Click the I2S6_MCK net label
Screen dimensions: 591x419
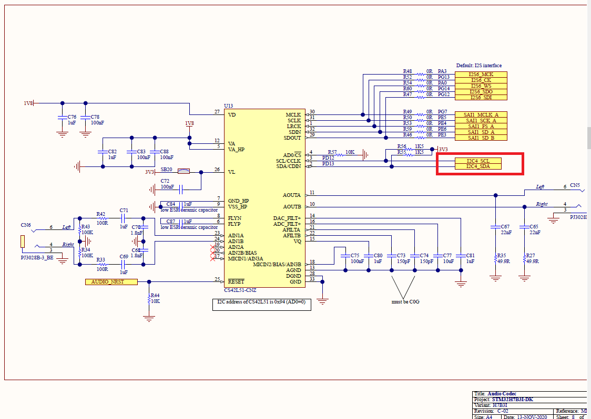point(481,75)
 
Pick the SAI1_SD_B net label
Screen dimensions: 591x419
point(481,138)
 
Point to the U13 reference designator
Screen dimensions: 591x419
point(228,106)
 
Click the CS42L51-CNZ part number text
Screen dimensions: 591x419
point(240,289)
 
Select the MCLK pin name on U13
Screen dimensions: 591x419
point(293,114)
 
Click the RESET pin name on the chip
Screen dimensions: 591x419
point(236,281)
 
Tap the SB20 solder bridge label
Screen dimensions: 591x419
point(167,169)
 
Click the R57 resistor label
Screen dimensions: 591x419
point(332,151)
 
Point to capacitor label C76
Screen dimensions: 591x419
point(72,117)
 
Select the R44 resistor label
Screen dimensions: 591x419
point(155,295)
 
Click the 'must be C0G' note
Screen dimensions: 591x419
point(405,301)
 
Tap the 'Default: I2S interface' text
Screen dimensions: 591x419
point(479,66)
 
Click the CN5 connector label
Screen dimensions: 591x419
point(575,185)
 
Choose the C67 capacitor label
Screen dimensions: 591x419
point(505,226)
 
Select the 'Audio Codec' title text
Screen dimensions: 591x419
point(502,394)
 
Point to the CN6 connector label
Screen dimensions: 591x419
point(26,225)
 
